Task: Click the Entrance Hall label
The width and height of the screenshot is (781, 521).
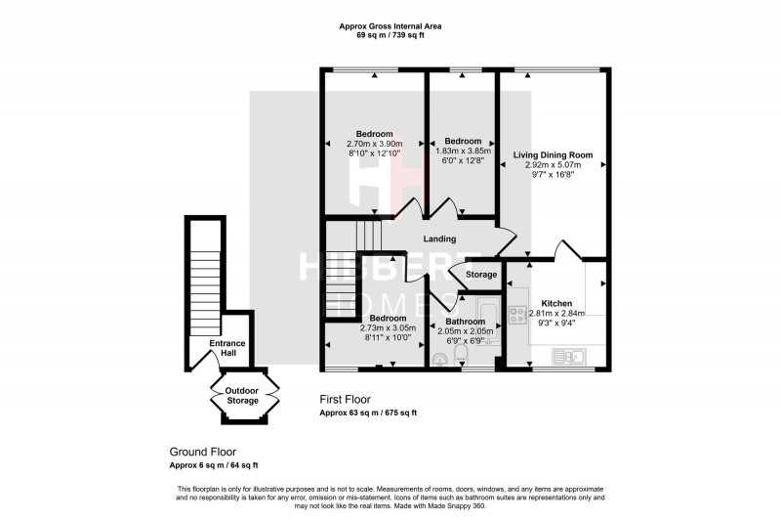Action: pyautogui.click(x=227, y=348)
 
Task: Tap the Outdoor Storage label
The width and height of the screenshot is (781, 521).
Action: pyautogui.click(x=243, y=396)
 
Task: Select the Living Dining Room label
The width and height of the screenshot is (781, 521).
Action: pyautogui.click(x=554, y=154)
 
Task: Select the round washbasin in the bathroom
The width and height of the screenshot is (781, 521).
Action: pyautogui.click(x=438, y=360)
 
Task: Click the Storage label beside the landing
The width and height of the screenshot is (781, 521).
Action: pyautogui.click(x=480, y=275)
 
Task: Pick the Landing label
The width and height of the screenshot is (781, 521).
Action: pyautogui.click(x=440, y=239)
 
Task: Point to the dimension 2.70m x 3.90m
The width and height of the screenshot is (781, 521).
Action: pyautogui.click(x=374, y=145)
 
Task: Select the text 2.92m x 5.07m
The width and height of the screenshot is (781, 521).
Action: pyautogui.click(x=554, y=166)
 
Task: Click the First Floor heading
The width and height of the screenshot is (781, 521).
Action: pyautogui.click(x=351, y=400)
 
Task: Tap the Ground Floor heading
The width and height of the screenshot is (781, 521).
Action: pyautogui.click(x=203, y=453)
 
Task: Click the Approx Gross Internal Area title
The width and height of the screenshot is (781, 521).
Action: pyautogui.click(x=390, y=26)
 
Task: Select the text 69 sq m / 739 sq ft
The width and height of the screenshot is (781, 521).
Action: pyautogui.click(x=390, y=36)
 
